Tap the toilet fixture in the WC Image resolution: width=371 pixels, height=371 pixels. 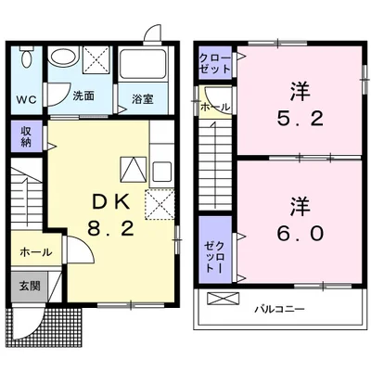[26, 62]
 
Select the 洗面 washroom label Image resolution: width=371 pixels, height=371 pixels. [83, 95]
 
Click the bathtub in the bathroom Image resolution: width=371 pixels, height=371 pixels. [141, 65]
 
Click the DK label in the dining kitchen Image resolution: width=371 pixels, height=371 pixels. [106, 200]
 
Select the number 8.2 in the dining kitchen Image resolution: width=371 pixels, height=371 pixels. [106, 228]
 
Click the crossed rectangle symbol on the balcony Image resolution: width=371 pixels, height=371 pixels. [223, 299]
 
